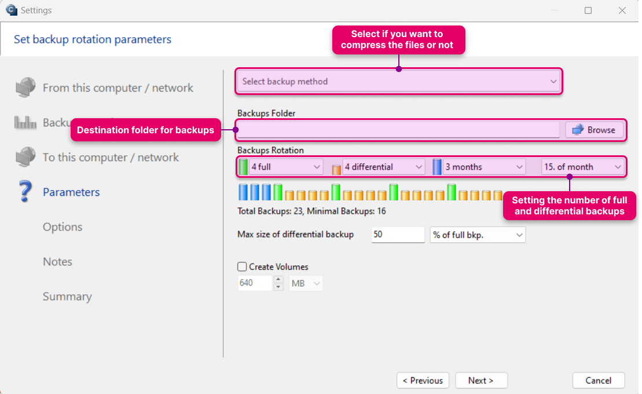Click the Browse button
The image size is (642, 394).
pyautogui.click(x=594, y=130)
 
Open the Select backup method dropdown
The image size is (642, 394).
pyautogui.click(x=399, y=81)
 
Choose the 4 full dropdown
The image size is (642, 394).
pyautogui.click(x=285, y=167)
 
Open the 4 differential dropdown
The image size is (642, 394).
pyautogui.click(x=383, y=167)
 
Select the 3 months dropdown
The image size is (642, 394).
pyautogui.click(x=483, y=167)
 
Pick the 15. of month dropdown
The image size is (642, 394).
pyautogui.click(x=582, y=167)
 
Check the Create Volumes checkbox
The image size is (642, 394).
pyautogui.click(x=242, y=267)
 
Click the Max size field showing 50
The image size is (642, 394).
pyautogui.click(x=398, y=235)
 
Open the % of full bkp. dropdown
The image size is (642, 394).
pyautogui.click(x=478, y=235)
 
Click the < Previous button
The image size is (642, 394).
pyautogui.click(x=423, y=381)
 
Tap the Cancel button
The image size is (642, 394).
pyautogui.click(x=598, y=381)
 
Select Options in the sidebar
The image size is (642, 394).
pyautogui.click(x=63, y=227)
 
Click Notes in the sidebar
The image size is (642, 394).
pyautogui.click(x=57, y=261)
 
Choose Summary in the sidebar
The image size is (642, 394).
pyautogui.click(x=67, y=297)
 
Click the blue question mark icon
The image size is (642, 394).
pyautogui.click(x=25, y=191)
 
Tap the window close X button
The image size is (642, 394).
pyautogui.click(x=622, y=10)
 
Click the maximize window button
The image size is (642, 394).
pyautogui.click(x=588, y=10)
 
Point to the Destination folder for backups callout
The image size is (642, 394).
pyautogui.click(x=146, y=130)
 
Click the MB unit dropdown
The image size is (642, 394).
pyautogui.click(x=306, y=283)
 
